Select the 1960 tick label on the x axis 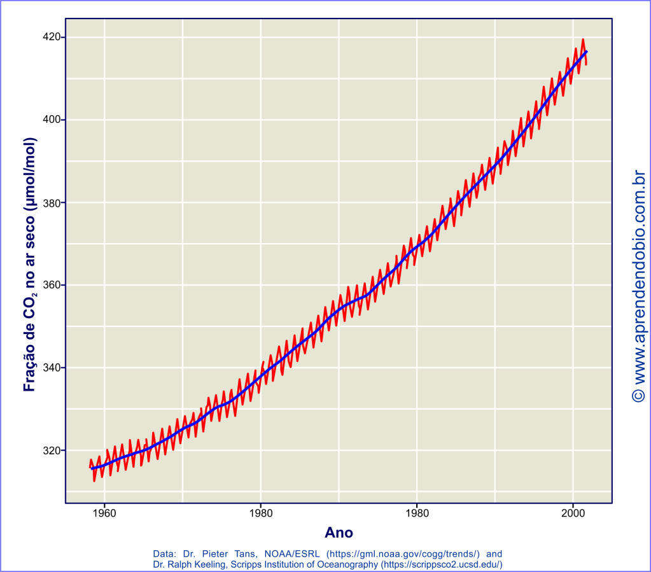[x=104, y=512]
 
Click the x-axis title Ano [x=339, y=532]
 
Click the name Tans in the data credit [x=245, y=554]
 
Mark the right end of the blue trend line [x=586, y=51]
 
